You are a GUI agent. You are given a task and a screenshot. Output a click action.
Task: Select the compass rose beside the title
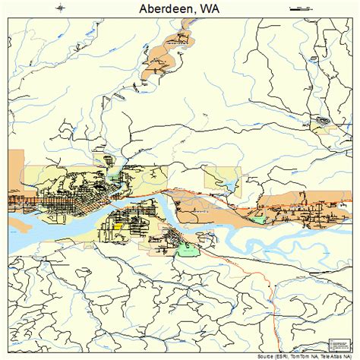click(x=61, y=8)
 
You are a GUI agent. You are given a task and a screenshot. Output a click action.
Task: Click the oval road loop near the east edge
click(x=324, y=121)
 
